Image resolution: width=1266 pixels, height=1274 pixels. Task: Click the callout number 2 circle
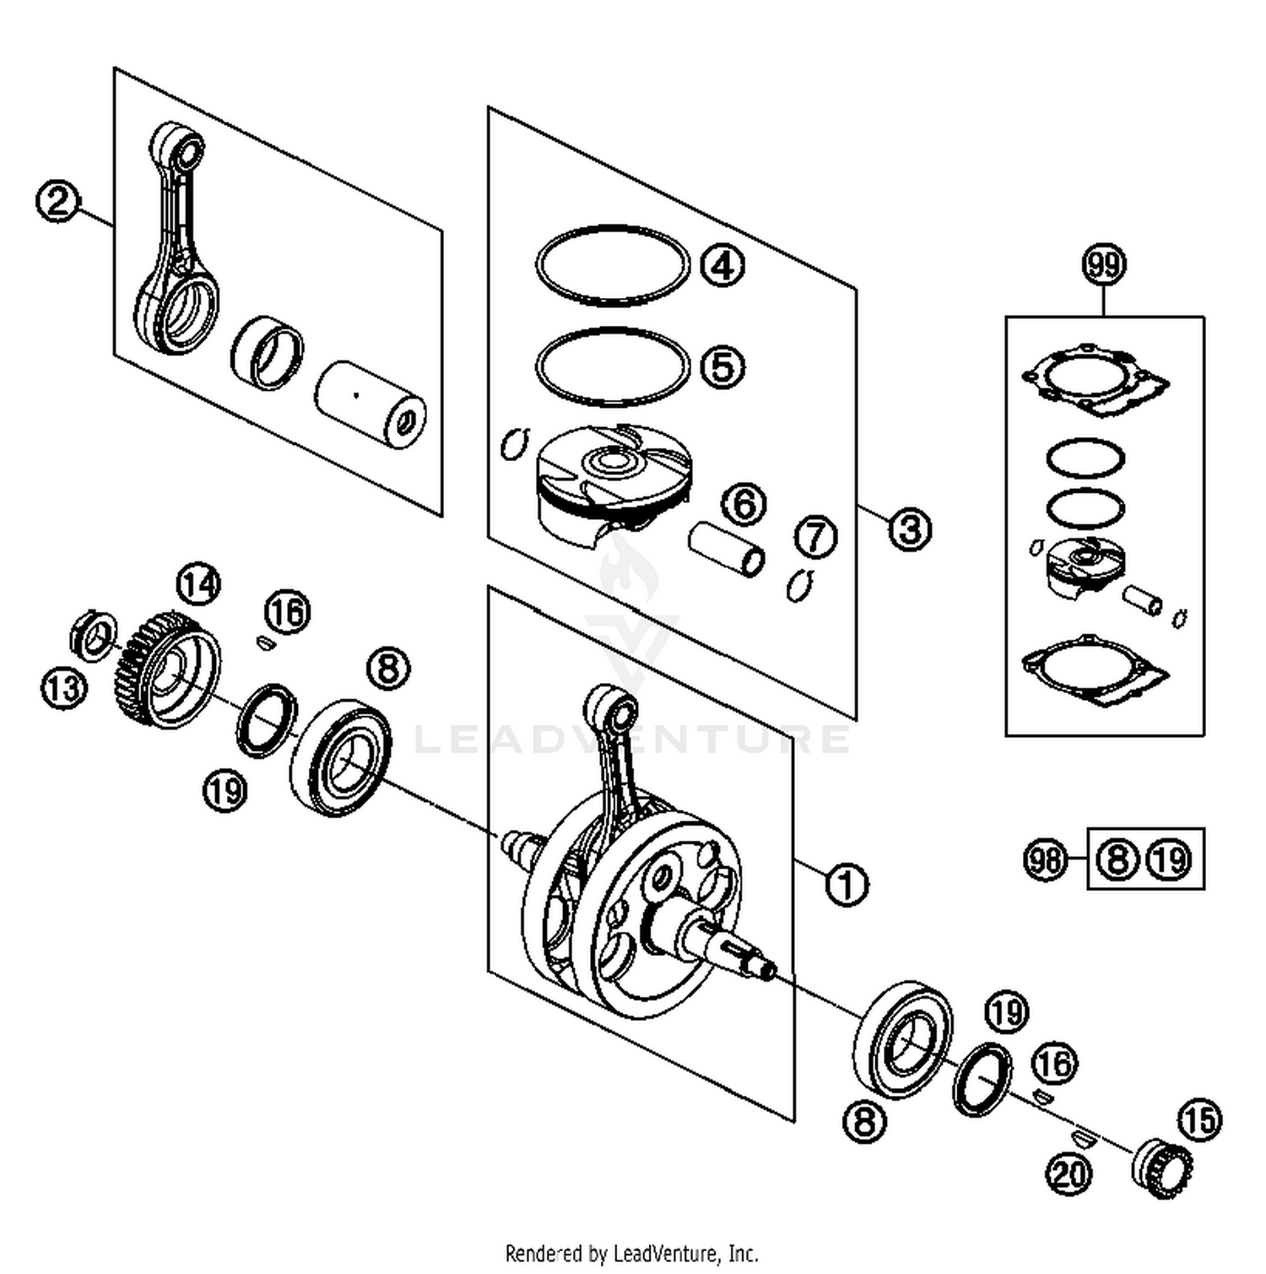pyautogui.click(x=57, y=202)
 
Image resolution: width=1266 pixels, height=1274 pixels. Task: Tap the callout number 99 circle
pyautogui.click(x=1104, y=265)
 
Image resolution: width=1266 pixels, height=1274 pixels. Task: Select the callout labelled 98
pyautogui.click(x=1046, y=860)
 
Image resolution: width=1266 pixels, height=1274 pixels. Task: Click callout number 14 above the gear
pyautogui.click(x=198, y=583)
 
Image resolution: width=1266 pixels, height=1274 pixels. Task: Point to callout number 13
pyautogui.click(x=63, y=687)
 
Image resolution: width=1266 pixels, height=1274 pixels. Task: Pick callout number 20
pyautogui.click(x=1069, y=1173)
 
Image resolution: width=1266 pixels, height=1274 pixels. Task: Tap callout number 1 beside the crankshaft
pyautogui.click(x=847, y=885)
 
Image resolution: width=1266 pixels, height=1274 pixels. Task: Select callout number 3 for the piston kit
pyautogui.click(x=909, y=529)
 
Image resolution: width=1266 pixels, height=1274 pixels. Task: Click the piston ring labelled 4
pyautogui.click(x=614, y=265)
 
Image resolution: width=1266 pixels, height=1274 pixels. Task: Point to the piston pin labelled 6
pyautogui.click(x=727, y=549)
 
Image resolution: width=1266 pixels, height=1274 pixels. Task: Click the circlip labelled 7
pyautogui.click(x=798, y=584)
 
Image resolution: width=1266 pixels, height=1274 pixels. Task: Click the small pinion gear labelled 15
pyautogui.click(x=1161, y=1168)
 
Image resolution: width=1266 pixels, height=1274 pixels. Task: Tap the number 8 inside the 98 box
pyautogui.click(x=1117, y=860)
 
